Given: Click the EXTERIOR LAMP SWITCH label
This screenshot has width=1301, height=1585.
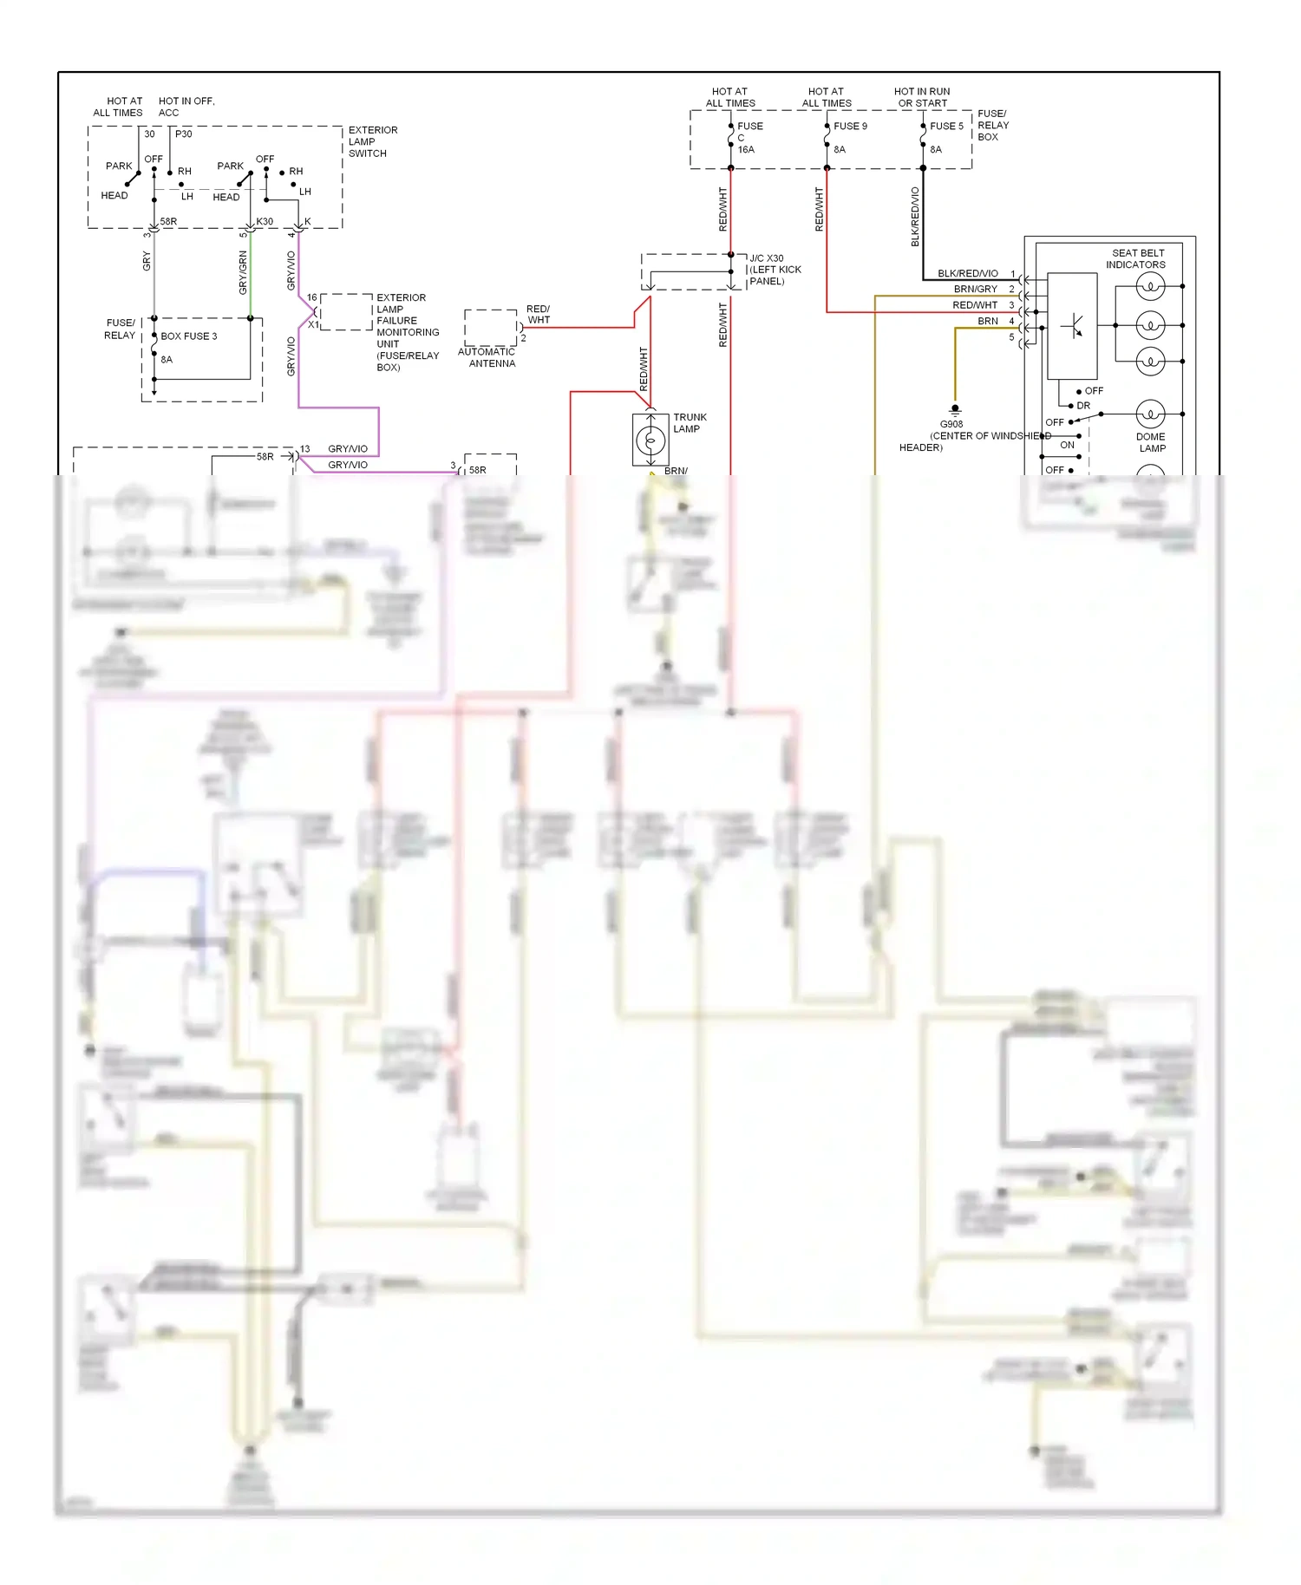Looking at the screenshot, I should click(373, 141).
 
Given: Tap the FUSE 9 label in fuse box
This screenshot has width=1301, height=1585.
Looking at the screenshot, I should click(849, 126).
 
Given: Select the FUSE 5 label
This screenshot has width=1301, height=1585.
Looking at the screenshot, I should click(945, 126).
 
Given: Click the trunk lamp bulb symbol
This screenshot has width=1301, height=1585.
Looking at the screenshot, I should click(650, 441).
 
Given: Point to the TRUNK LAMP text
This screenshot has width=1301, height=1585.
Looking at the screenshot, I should click(690, 423).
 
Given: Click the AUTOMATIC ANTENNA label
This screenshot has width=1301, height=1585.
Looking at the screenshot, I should click(487, 357).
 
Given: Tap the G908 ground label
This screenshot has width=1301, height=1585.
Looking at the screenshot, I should click(951, 424).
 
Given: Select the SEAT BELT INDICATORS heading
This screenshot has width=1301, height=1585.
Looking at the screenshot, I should click(1136, 258).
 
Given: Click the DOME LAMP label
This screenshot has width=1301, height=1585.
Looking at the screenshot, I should click(1151, 442).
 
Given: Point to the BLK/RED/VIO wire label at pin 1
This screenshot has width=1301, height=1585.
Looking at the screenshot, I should click(967, 273).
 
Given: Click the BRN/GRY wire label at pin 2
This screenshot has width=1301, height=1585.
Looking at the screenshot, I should click(975, 289).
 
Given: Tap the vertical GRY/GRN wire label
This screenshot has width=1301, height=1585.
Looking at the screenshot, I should click(243, 272).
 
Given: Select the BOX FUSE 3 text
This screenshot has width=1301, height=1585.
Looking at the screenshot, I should click(188, 336).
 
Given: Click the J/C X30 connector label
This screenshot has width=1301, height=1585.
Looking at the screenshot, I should click(767, 258).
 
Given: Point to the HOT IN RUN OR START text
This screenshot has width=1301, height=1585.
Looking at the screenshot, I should click(922, 97).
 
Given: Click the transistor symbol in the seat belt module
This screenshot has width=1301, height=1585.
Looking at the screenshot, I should click(1073, 327).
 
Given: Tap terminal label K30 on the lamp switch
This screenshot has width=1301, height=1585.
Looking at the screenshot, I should click(265, 221).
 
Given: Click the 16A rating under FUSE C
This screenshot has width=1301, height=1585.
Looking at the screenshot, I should click(746, 150).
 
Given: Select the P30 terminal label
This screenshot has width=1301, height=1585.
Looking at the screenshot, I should click(184, 134).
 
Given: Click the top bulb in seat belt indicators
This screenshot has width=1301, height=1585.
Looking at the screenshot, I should click(1150, 286).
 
